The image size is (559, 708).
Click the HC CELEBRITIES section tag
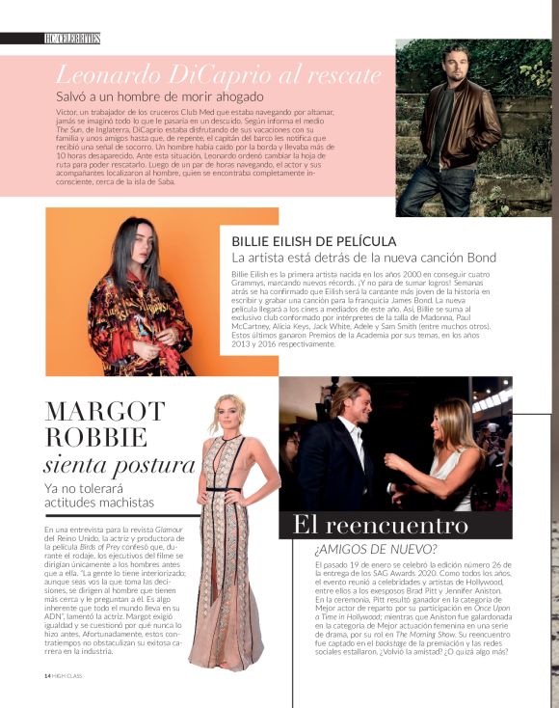pyautogui.click(x=72, y=38)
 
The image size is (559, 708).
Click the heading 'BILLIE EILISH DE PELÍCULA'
pyautogui.click(x=314, y=241)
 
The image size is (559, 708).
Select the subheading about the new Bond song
pyautogui.click(x=363, y=258)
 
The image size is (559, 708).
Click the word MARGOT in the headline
pyautogui.click(x=107, y=412)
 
